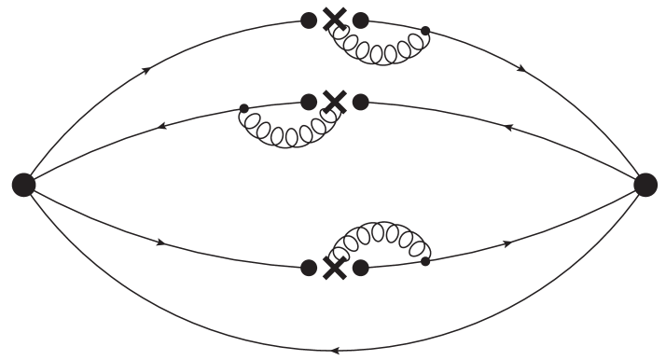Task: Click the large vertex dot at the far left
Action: pyautogui.click(x=23, y=185)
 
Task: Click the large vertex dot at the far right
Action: pyautogui.click(x=645, y=185)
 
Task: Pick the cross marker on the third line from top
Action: pyautogui.click(x=334, y=268)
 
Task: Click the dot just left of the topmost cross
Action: pyautogui.click(x=308, y=20)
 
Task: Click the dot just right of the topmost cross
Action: pyautogui.click(x=361, y=20)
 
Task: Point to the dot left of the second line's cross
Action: pyautogui.click(x=308, y=100)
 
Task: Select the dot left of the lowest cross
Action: pyautogui.click(x=308, y=268)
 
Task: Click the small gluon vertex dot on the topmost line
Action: pyautogui.click(x=425, y=32)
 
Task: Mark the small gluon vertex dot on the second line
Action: pyautogui.click(x=244, y=109)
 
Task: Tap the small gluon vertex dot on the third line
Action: pyautogui.click(x=425, y=261)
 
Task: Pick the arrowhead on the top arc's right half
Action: pyautogui.click(x=520, y=70)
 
